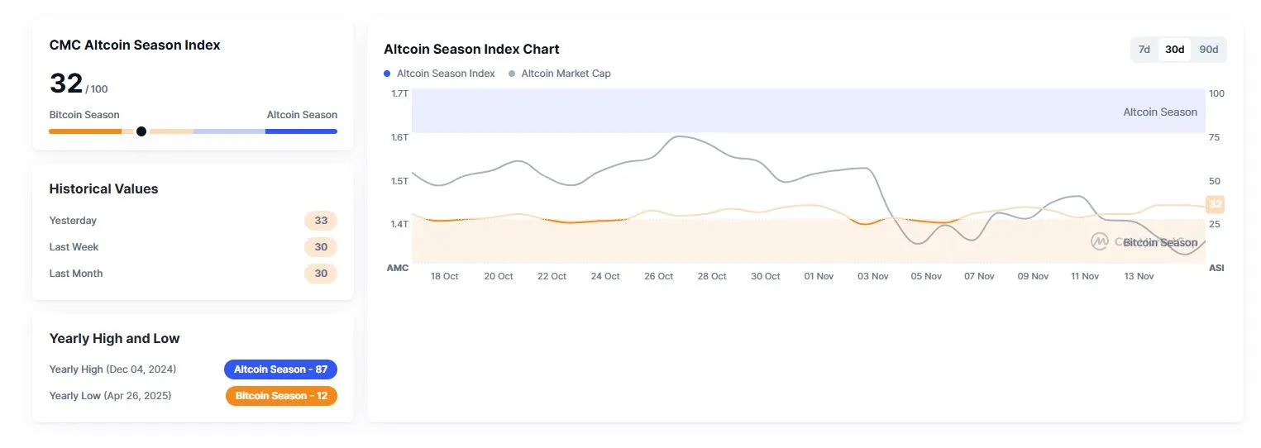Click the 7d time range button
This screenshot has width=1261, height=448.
coord(1144,50)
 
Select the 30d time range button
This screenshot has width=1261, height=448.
coord(1174,50)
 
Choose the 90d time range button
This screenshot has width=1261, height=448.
coord(1208,50)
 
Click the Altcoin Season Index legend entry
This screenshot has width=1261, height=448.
coord(445,74)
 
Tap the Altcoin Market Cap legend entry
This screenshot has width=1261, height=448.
coord(566,74)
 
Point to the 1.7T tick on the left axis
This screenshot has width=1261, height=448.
coord(399,93)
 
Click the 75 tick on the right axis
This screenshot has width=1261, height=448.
coord(1214,137)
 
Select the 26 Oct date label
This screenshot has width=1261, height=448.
coord(659,276)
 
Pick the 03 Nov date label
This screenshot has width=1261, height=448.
coord(873,276)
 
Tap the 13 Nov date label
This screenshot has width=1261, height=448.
coord(1139,276)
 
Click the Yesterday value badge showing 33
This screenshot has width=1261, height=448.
coord(321,221)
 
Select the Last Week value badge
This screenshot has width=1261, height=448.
coord(321,247)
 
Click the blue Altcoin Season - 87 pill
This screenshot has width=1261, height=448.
coord(280,369)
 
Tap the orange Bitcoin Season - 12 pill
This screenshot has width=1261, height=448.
coord(281,396)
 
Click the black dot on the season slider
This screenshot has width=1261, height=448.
coord(141,131)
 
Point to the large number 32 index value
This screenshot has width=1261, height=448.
coord(66,83)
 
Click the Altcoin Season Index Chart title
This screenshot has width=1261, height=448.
coord(471,49)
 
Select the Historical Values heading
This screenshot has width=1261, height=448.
coord(103,188)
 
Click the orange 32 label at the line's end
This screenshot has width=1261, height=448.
coord(1215,203)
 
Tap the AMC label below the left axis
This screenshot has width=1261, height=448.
coord(398,268)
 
